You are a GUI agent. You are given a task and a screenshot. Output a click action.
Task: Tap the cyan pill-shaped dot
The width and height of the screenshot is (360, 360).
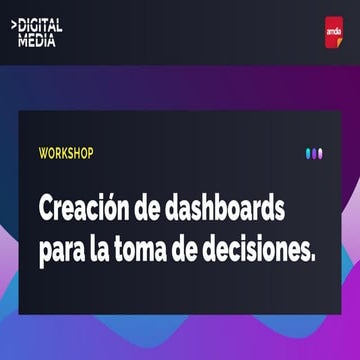[x=308, y=154]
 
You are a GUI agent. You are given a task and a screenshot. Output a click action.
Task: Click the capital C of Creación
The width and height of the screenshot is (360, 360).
[x=46, y=211]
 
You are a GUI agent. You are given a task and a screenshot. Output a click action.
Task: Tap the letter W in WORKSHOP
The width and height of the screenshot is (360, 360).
[x=43, y=155]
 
